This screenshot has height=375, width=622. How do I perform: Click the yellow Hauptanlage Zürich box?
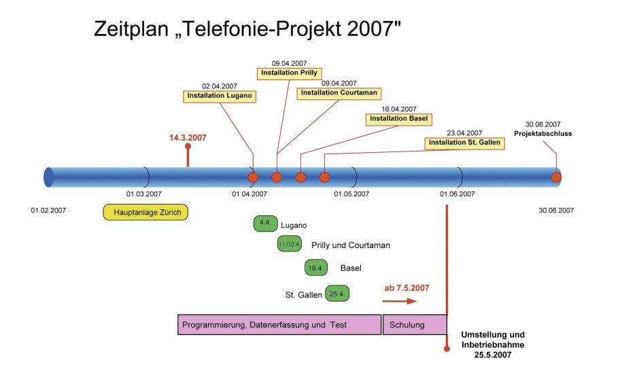(145, 212)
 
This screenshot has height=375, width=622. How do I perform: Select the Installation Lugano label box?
(220, 96)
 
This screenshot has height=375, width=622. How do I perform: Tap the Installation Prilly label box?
(289, 73)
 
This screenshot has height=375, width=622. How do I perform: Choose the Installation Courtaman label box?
(339, 93)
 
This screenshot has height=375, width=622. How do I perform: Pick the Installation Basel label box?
(398, 119)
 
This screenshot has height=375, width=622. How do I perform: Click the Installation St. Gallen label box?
(464, 143)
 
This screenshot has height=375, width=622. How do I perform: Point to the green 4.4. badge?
(265, 224)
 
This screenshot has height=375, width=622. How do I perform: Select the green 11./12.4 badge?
(289, 243)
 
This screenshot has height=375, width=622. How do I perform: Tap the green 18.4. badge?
(316, 268)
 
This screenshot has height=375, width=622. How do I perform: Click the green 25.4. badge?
(337, 293)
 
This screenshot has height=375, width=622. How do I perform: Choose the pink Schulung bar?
(415, 325)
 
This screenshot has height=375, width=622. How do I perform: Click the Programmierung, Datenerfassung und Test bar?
(279, 325)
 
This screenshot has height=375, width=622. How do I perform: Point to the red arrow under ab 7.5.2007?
(400, 301)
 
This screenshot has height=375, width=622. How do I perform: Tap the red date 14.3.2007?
(188, 138)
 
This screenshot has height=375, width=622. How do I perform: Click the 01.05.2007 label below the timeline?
(351, 194)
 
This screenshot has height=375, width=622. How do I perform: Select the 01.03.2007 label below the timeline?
(144, 194)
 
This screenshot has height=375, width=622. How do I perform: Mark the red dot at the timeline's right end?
(556, 177)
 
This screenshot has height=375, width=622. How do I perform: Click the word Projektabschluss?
(543, 134)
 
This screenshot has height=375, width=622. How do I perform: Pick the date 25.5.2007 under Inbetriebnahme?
(493, 355)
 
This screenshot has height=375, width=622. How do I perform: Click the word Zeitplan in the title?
(131, 29)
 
